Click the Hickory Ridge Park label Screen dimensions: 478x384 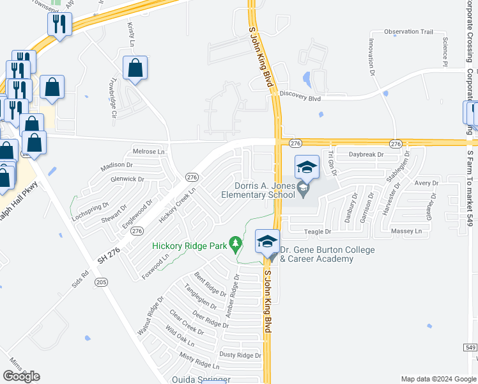[190, 246]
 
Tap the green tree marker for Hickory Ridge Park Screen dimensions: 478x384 [236, 244]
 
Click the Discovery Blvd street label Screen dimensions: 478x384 [301, 99]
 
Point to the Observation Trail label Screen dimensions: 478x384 [409, 31]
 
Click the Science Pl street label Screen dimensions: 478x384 [445, 51]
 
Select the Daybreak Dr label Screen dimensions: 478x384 [366, 155]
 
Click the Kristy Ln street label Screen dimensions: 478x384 [132, 35]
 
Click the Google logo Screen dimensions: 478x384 [21, 376]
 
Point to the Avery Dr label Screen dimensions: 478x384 [426, 183]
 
